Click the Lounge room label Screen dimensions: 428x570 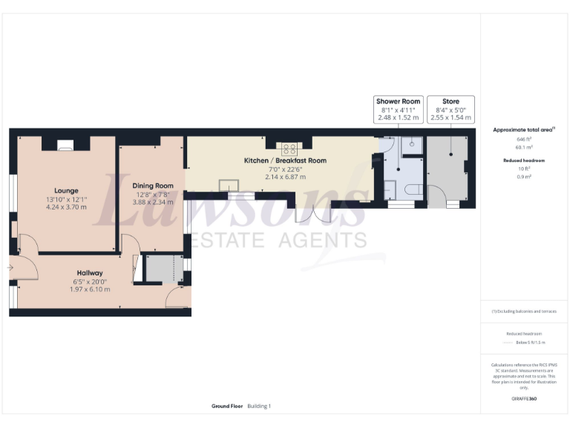tap(66, 190)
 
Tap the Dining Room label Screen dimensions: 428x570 tap(154, 186)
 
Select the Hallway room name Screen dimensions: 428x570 tap(89, 273)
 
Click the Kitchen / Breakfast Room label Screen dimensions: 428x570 tap(285, 160)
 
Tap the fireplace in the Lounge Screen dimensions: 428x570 tap(66, 146)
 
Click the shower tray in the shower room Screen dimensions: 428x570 tap(412, 146)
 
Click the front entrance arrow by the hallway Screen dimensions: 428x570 tap(10, 267)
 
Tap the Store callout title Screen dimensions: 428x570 tap(451, 101)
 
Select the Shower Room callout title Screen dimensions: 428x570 tap(399, 101)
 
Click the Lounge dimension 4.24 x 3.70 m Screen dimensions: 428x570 tap(66, 207)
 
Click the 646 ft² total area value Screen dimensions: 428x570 tap(524, 140)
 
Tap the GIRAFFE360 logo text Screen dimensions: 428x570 tap(524, 399)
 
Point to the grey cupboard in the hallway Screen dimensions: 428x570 tap(159, 269)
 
